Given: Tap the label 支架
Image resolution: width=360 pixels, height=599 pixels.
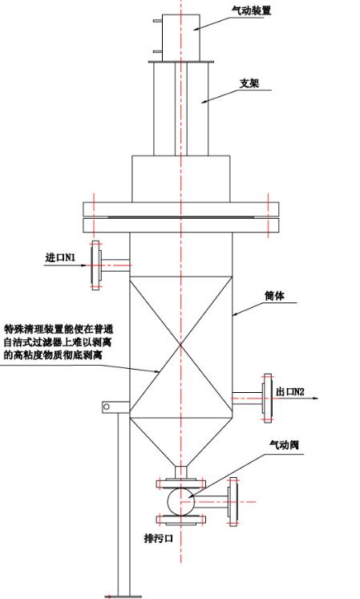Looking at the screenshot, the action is pyautogui.click(x=249, y=83).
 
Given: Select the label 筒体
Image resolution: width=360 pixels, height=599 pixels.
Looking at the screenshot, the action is pyautogui.click(x=274, y=295).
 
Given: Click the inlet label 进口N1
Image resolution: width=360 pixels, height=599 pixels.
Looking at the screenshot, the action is pyautogui.click(x=60, y=258).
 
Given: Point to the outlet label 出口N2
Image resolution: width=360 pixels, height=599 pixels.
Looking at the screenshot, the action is pyautogui.click(x=290, y=391).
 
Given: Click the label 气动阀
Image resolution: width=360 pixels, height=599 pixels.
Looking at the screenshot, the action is pyautogui.click(x=284, y=445).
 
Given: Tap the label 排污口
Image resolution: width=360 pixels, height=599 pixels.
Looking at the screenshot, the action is pyautogui.click(x=158, y=538).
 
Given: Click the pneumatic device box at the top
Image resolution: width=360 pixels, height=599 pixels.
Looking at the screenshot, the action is pyautogui.click(x=181, y=38).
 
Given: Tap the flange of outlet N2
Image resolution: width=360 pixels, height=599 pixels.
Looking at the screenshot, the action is pyautogui.click(x=267, y=398).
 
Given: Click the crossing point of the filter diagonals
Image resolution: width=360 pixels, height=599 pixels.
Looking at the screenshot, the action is pyautogui.click(x=180, y=346).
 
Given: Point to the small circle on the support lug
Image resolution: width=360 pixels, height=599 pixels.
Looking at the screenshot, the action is pyautogui.click(x=107, y=407).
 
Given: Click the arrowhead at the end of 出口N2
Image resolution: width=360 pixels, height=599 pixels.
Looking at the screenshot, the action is pyautogui.click(x=315, y=399).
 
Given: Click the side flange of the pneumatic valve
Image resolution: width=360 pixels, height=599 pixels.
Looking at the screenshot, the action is pyautogui.click(x=233, y=502).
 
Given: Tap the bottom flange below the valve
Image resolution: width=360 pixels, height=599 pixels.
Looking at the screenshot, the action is pyautogui.click(x=181, y=519).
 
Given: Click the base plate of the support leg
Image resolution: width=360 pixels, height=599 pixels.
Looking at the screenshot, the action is pyautogui.click(x=123, y=596).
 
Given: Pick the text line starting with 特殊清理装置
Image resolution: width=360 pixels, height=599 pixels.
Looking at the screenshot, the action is pyautogui.click(x=59, y=329).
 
